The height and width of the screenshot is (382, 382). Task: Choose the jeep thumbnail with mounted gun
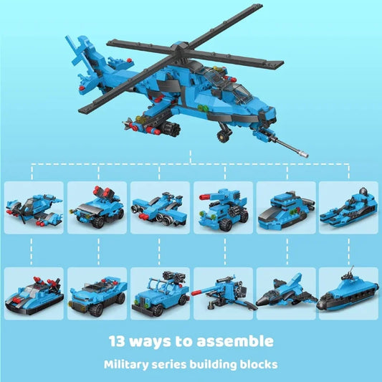pos(159,294)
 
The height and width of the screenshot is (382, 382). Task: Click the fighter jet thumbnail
pos(285,294)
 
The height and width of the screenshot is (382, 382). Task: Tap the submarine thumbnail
pos(348,294)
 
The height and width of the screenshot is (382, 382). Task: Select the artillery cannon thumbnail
pos(222,294)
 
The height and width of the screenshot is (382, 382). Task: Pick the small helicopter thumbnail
pos(34,207)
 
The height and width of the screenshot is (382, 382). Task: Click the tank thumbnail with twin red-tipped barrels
pos(222,207)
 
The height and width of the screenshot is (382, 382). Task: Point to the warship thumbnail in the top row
pos(348,207)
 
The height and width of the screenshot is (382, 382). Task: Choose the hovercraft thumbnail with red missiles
pos(34,294)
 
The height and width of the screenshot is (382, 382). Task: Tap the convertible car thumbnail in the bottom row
pos(97,294)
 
